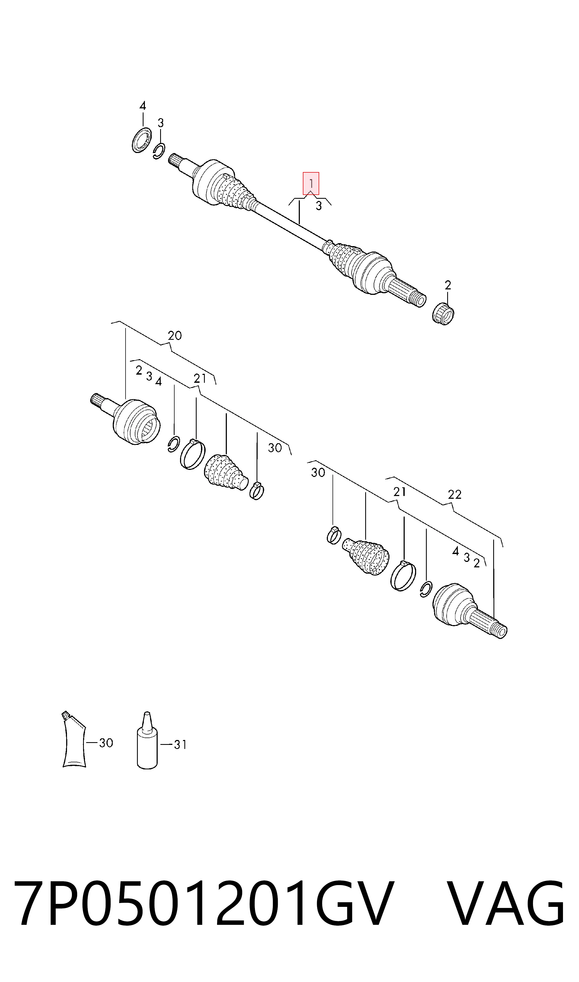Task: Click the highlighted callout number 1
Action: [311, 183]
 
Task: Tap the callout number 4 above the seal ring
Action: [143, 106]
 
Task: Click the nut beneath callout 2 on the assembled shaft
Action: [444, 313]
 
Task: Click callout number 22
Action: [455, 494]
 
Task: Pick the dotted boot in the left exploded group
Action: [225, 472]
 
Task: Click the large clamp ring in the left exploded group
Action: [192, 454]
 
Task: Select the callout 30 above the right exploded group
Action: [318, 473]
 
